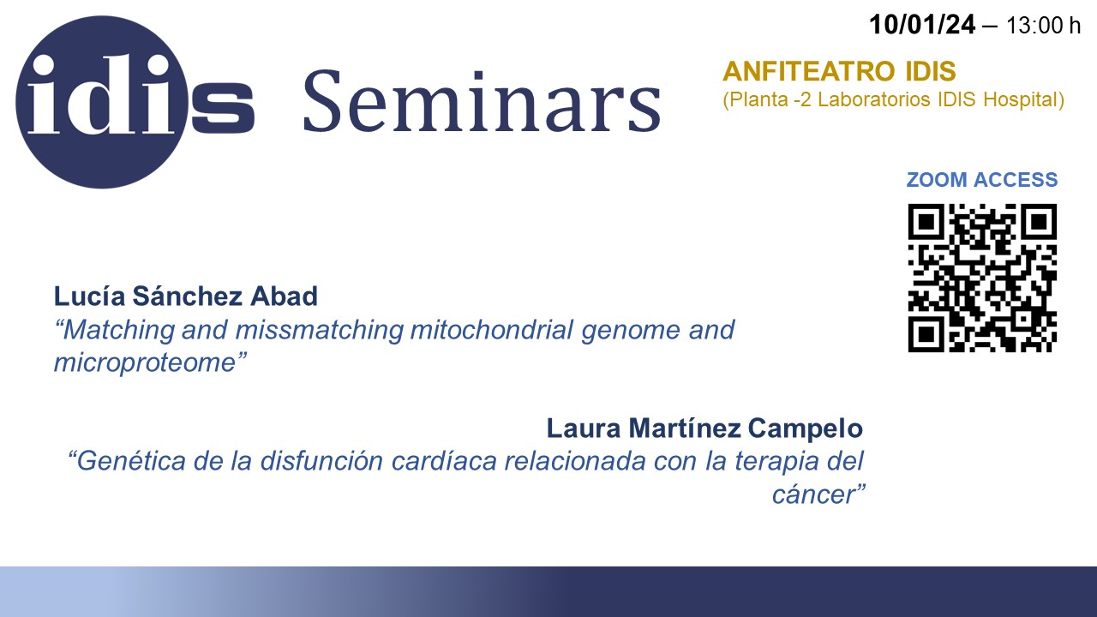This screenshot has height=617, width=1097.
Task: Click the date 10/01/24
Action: [x=922, y=25]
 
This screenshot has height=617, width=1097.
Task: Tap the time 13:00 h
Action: [x=1043, y=26]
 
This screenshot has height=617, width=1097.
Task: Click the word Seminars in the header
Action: [x=483, y=102]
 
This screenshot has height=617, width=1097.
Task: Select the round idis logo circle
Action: [x=102, y=102]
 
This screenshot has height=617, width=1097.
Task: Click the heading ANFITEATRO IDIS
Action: [x=839, y=71]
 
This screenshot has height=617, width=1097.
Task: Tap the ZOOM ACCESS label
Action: [x=982, y=180]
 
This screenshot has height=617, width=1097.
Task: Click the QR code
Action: [x=982, y=278]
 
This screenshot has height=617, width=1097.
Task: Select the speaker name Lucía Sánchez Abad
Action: [x=186, y=296]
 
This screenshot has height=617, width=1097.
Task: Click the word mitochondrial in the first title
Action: [x=492, y=330]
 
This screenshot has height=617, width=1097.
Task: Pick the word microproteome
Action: [x=145, y=362]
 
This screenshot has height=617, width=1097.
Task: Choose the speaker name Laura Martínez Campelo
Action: [x=704, y=428]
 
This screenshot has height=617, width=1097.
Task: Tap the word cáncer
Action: [x=813, y=494]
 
